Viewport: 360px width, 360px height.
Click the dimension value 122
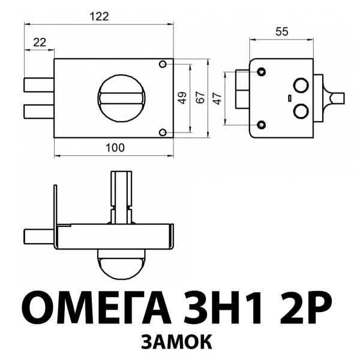tap(99, 17)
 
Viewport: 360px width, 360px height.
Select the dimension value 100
tap(114, 147)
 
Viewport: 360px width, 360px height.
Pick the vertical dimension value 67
tap(200, 98)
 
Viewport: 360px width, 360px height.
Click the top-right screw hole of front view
tap(163, 64)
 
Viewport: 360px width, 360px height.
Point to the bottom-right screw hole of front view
tap(163, 132)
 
